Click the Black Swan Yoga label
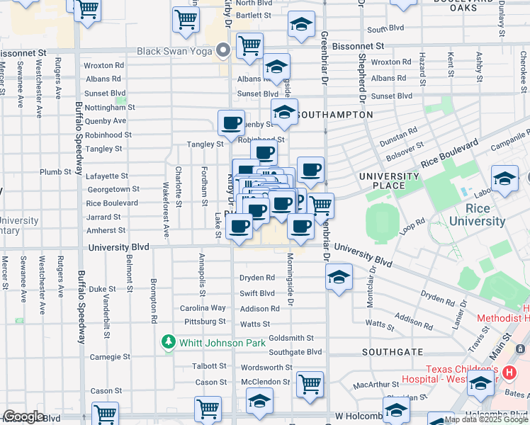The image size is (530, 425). (x=175, y=50)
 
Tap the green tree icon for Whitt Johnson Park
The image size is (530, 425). (x=168, y=343)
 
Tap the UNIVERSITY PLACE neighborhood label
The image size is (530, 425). (x=389, y=181)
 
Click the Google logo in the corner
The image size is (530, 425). (x=23, y=416)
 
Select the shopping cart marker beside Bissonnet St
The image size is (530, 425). (x=249, y=46)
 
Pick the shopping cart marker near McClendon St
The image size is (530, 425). (x=310, y=385)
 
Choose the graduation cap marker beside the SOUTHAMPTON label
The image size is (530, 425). (x=284, y=112)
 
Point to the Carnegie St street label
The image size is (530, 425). (x=106, y=357)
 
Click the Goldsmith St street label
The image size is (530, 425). (x=291, y=338)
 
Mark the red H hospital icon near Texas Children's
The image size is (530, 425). (x=508, y=372)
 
